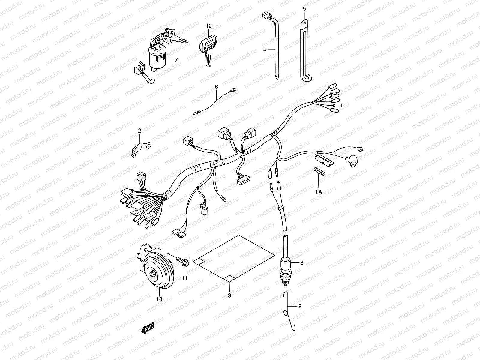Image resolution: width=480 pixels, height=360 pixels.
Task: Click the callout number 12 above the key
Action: pyautogui.click(x=208, y=26)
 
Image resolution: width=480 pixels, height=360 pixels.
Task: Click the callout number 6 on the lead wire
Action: pyautogui.click(x=217, y=87)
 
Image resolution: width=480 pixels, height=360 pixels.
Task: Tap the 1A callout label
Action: pyautogui.click(x=318, y=192)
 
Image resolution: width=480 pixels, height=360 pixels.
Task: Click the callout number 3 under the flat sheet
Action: pyautogui.click(x=229, y=295)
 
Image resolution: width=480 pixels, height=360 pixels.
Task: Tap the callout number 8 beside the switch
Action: pyautogui.click(x=302, y=263)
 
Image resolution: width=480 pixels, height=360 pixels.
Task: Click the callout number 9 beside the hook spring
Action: pyautogui.click(x=300, y=306)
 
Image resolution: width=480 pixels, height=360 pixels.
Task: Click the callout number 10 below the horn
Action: pyautogui.click(x=159, y=299)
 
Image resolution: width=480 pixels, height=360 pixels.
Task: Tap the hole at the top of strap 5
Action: pyautogui.click(x=304, y=22)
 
